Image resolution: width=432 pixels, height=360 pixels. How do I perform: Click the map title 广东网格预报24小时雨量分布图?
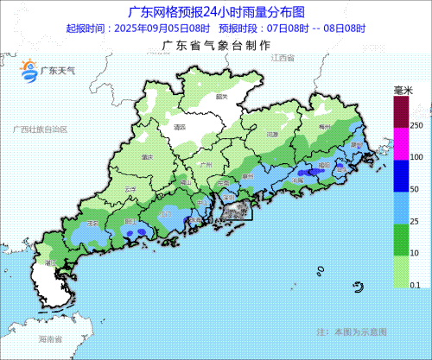coord(216,12)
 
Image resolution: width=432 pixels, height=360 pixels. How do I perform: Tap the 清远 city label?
coord(181,126)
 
